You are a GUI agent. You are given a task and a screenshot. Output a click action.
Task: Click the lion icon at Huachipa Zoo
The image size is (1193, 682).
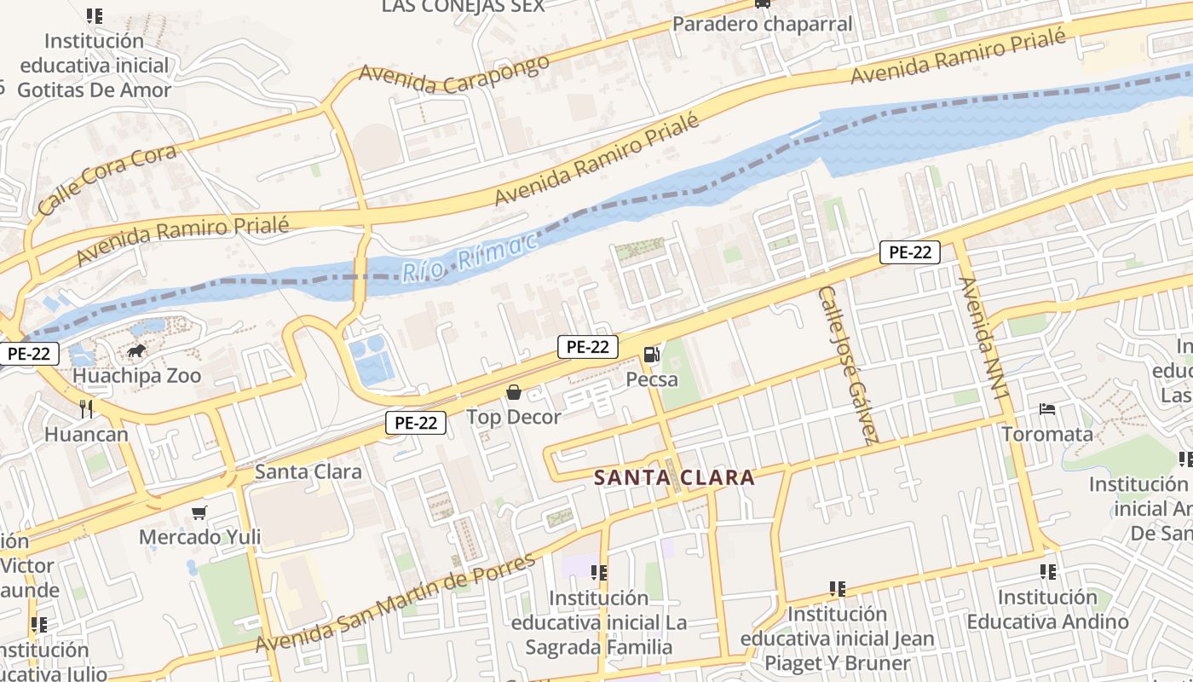[136, 351]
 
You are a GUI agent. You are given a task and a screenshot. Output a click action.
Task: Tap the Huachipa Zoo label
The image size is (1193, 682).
[137, 376]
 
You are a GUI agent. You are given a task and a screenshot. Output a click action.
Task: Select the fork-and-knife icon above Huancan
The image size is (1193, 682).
[86, 409]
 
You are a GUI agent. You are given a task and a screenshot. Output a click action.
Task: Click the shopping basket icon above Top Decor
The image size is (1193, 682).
[514, 392]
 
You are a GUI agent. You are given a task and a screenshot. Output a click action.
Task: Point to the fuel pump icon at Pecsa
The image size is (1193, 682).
[652, 354]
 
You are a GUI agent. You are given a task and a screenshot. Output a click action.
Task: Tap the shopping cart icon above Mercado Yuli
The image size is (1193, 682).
[199, 512]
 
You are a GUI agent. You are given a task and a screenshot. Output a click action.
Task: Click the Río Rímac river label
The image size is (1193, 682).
[470, 255]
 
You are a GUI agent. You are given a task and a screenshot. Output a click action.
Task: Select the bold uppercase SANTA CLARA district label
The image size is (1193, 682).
[674, 477]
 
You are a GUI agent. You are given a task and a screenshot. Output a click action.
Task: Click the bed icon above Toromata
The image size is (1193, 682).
[1047, 410]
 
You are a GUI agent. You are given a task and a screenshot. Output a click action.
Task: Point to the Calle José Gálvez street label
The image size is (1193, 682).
[847, 365]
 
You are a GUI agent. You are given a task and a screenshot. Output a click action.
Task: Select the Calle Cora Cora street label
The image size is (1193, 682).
[107, 179]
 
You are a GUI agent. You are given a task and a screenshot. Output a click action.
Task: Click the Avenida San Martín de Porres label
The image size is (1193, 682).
[395, 603]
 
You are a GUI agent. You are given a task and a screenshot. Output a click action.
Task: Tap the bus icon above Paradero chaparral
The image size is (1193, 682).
[763, 3]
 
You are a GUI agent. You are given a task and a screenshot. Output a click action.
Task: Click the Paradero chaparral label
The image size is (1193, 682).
[763, 24]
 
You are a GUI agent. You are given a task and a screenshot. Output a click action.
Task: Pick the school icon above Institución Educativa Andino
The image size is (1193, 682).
[1047, 572]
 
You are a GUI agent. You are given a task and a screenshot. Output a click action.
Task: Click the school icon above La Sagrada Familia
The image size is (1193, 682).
[599, 574]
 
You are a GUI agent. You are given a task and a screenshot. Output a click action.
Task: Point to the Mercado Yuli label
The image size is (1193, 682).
[199, 537]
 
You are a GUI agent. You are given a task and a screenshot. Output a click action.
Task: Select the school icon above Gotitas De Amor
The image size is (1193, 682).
[95, 16]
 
